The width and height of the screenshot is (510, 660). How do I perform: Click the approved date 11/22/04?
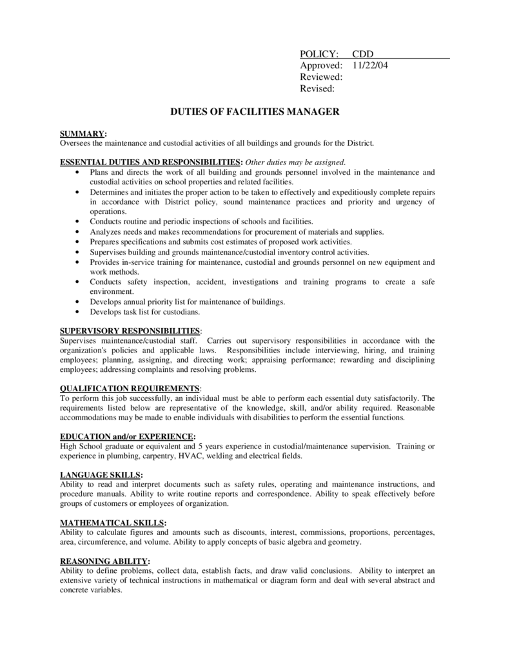(x=370, y=66)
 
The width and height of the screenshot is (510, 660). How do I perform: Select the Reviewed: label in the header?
(x=321, y=77)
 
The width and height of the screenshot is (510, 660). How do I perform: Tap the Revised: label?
(x=317, y=88)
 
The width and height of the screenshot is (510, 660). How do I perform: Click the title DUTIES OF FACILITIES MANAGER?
(x=254, y=112)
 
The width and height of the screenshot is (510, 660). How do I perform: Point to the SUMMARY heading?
(x=83, y=133)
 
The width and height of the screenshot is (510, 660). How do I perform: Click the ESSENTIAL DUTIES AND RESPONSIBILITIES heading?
(x=151, y=162)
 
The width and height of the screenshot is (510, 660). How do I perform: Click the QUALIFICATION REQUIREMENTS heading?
(x=130, y=389)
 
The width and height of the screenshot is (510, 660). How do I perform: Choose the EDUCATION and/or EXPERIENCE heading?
(x=126, y=436)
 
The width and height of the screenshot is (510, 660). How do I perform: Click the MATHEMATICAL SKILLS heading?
(x=113, y=523)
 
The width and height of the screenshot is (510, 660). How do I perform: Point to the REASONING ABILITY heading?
(x=104, y=561)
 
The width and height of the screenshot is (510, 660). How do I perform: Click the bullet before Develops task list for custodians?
(x=78, y=312)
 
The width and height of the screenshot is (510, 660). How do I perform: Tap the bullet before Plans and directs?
(x=78, y=173)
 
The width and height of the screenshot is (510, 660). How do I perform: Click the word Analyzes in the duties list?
(x=106, y=231)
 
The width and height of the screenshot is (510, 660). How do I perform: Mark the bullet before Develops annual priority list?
(x=78, y=302)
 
